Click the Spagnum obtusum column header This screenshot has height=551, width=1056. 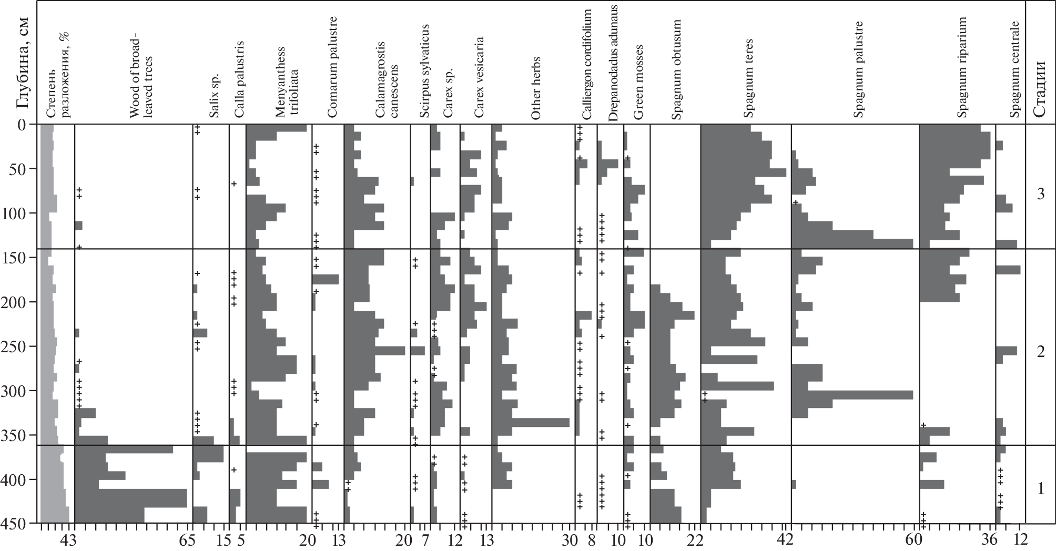pyautogui.click(x=677, y=70)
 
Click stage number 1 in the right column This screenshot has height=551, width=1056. pyautogui.click(x=1040, y=489)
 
